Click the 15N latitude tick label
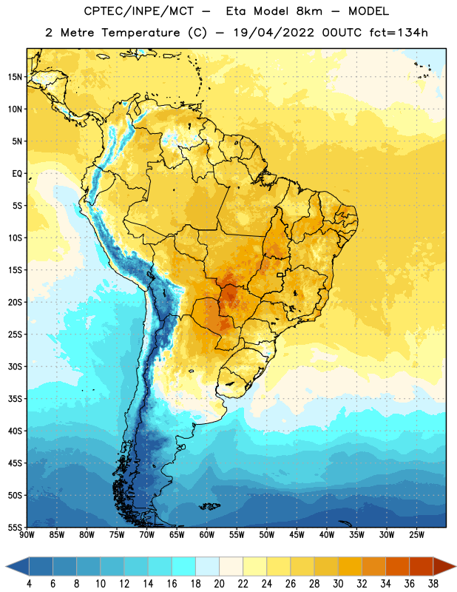(x=16, y=77)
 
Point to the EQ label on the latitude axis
(x=17, y=174)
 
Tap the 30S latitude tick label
(x=16, y=366)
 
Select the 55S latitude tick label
(x=16, y=528)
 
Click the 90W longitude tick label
(x=27, y=535)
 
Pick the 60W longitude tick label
(x=207, y=535)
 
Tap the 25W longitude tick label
(x=416, y=535)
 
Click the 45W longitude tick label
(x=297, y=535)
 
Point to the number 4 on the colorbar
(x=29, y=584)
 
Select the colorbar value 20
(x=219, y=584)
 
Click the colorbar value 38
(x=433, y=584)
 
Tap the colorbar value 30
(x=338, y=584)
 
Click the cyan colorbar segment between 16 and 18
(x=184, y=566)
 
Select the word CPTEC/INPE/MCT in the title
(x=139, y=11)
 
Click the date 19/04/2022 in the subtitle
(x=274, y=33)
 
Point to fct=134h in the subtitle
(x=399, y=33)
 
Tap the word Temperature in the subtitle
(x=141, y=33)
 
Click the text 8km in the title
(x=309, y=11)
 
